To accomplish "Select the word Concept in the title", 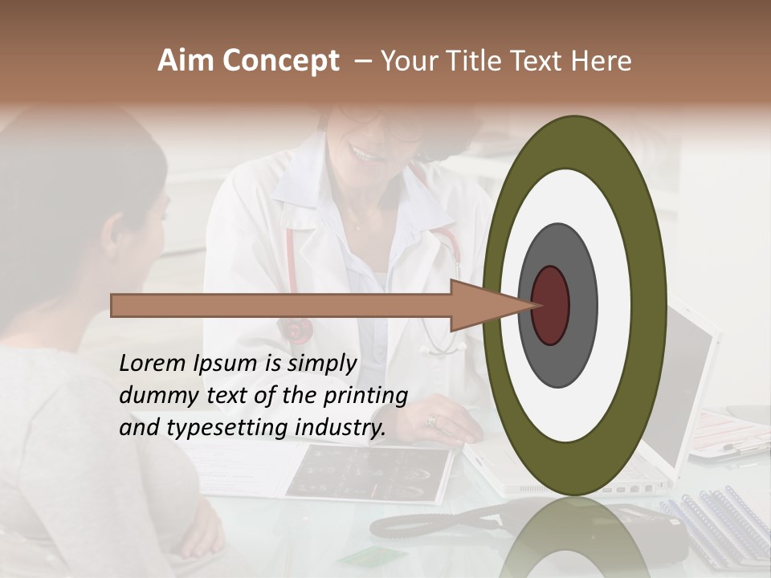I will (281, 62).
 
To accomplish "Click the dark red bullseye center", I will (551, 305).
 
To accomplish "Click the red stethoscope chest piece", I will (296, 329).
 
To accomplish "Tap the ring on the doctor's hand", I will (431, 420).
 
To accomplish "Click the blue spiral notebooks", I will (715, 522).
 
